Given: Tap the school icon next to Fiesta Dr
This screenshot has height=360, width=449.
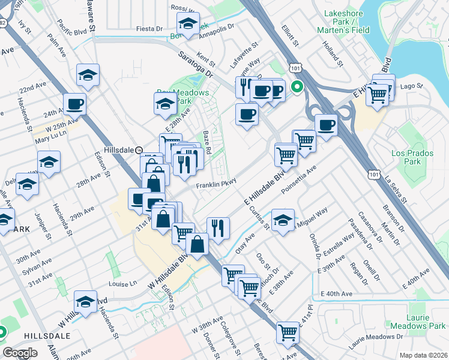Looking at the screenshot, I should pyautogui.click(x=188, y=25).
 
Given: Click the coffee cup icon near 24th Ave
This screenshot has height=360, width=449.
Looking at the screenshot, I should pyautogui.click(x=74, y=104).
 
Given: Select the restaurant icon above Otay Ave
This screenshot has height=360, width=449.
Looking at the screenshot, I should pyautogui.click(x=218, y=227).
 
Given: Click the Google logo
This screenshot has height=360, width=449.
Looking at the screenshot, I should pyautogui.click(x=20, y=353).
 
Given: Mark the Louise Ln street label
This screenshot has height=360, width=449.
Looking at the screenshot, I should pyautogui.click(x=123, y=283).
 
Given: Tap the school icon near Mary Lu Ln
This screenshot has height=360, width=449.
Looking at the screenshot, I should pyautogui.click(x=49, y=161).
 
